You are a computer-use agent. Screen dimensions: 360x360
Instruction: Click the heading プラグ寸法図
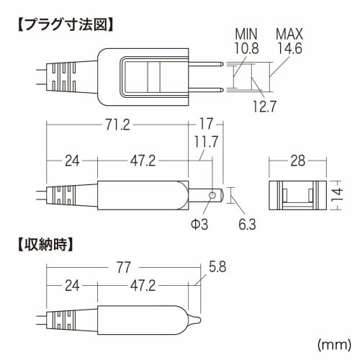[x=66, y=24]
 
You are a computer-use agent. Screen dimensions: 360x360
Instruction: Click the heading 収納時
[x=45, y=245]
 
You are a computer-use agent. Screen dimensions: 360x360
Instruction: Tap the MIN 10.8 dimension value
[x=246, y=41]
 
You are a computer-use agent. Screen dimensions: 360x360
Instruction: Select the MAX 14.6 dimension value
[x=289, y=41]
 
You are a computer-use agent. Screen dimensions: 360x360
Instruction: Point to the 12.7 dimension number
[x=264, y=107]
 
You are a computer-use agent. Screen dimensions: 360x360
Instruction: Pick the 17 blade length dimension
[x=206, y=125]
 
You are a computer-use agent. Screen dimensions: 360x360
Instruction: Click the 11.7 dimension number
[x=206, y=142]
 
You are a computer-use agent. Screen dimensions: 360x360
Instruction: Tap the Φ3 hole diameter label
[x=199, y=225]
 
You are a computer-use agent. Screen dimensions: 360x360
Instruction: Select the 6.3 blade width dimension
[x=247, y=225]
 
